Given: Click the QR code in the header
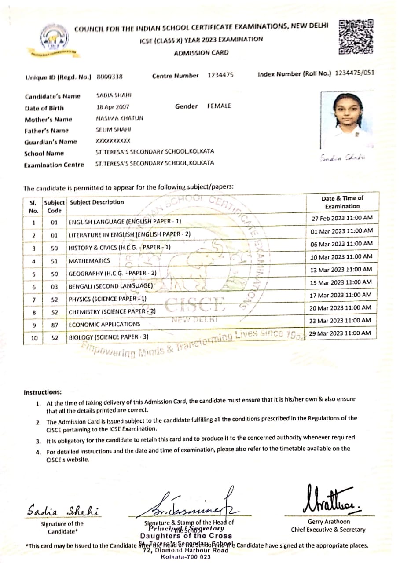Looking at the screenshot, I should click(356, 37).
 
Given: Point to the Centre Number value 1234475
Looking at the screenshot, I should click(220, 76).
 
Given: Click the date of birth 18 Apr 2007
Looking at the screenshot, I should click(113, 107).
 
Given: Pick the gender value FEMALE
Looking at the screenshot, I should click(219, 106).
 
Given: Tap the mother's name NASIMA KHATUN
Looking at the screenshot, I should click(119, 118).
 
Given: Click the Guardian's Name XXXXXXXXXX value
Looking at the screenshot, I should click(113, 141).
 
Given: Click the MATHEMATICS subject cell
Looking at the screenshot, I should click(89, 261).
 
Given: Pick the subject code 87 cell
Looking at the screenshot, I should click(55, 325).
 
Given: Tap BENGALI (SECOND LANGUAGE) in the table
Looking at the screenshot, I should click(110, 286).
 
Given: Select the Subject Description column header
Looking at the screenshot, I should click(97, 202).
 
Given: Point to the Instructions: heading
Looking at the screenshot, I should click(43, 392).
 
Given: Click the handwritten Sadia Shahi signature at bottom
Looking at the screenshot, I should click(62, 511).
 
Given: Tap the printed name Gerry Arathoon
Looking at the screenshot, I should click(328, 522).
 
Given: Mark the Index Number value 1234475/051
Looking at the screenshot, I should click(354, 73).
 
